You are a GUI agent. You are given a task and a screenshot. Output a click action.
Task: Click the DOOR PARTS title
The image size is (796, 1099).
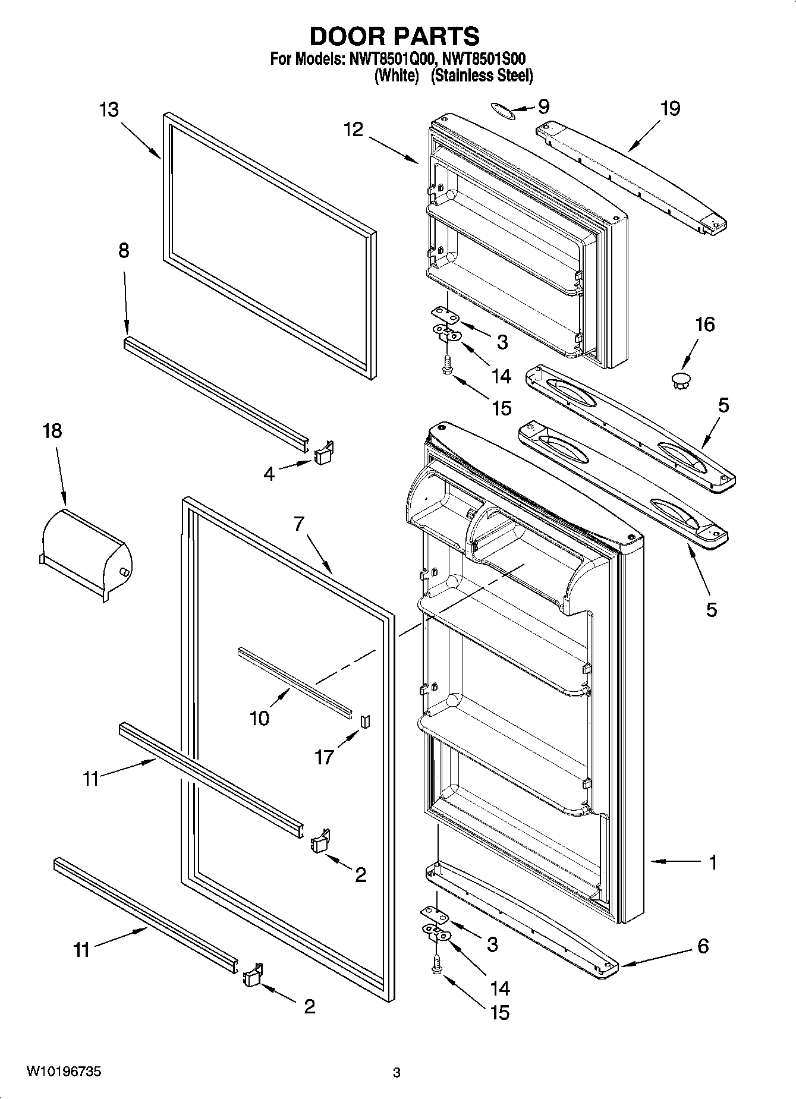pos(395,36)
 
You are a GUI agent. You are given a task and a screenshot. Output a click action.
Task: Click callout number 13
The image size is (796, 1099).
pos(109,110)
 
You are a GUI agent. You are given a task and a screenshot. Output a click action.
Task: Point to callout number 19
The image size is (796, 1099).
pos(670,109)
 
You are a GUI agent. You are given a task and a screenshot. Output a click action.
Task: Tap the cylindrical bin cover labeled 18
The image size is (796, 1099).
pos(86,553)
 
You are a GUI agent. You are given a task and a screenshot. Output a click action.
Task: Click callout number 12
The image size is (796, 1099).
pos(353,130)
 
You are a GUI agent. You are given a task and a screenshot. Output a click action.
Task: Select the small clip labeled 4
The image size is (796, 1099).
pos(323,454)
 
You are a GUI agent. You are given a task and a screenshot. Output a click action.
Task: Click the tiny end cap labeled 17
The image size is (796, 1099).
pos(365,720)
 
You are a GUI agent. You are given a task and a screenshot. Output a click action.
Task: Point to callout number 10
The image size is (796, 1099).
pos(260,718)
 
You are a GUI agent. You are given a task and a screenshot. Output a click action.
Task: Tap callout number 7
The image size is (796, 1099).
pos(299,524)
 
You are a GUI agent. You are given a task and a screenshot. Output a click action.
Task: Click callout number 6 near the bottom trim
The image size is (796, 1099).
pos(703,946)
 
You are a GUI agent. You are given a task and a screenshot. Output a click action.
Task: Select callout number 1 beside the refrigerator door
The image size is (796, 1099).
pos(712,862)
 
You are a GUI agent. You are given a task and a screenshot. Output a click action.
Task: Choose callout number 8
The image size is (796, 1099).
pos(124,251)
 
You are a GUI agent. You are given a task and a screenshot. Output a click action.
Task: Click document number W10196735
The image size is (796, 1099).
pos(63,1072)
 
